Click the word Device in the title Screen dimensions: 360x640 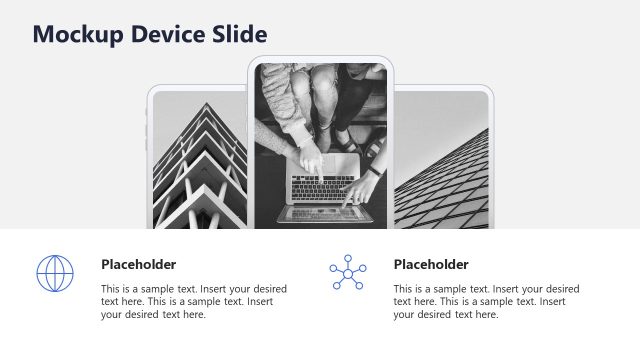coord(167,35)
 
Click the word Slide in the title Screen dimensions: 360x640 coord(240,35)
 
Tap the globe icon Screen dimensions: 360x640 coord(55,273)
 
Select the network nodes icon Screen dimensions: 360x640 coord(348,272)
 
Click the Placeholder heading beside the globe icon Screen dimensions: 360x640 coord(139,265)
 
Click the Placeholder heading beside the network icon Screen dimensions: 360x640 coord(431,265)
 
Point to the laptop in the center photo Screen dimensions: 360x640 coord(322,185)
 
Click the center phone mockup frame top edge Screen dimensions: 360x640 coord(320,58)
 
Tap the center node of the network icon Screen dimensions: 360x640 coord(348,273)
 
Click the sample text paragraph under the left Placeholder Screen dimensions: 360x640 coord(194,301)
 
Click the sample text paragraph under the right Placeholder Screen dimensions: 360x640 coord(486,301)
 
